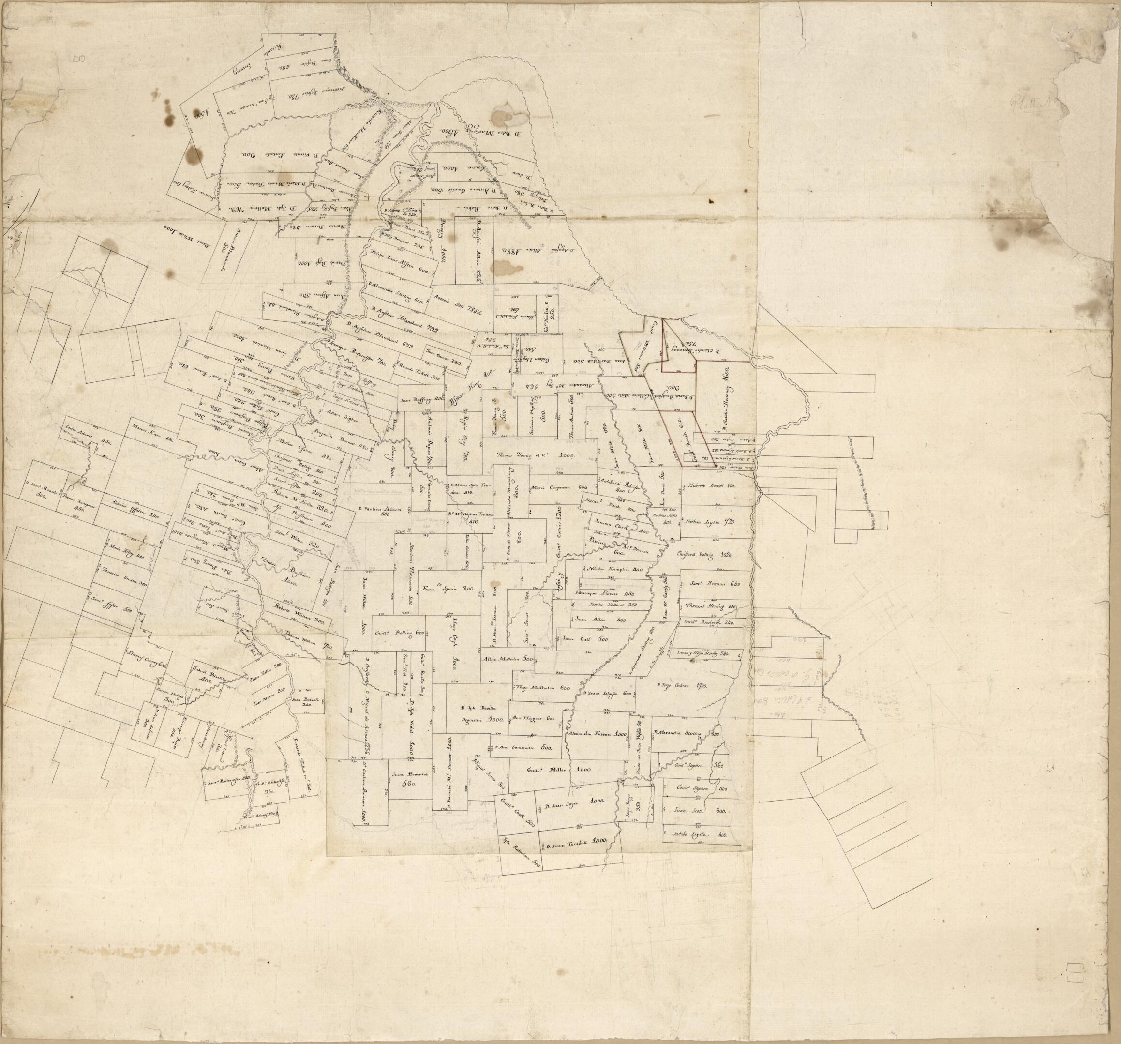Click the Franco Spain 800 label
(449, 587)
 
